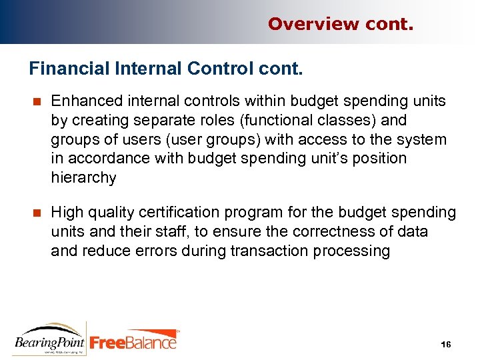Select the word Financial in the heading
pyautogui.click(x=63, y=69)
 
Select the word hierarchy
pyautogui.click(x=83, y=178)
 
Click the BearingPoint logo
pyautogui.click(x=50, y=338)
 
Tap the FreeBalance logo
pyautogui.click(x=133, y=341)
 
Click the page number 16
pyautogui.click(x=446, y=344)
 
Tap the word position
pyautogui.click(x=381, y=159)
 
